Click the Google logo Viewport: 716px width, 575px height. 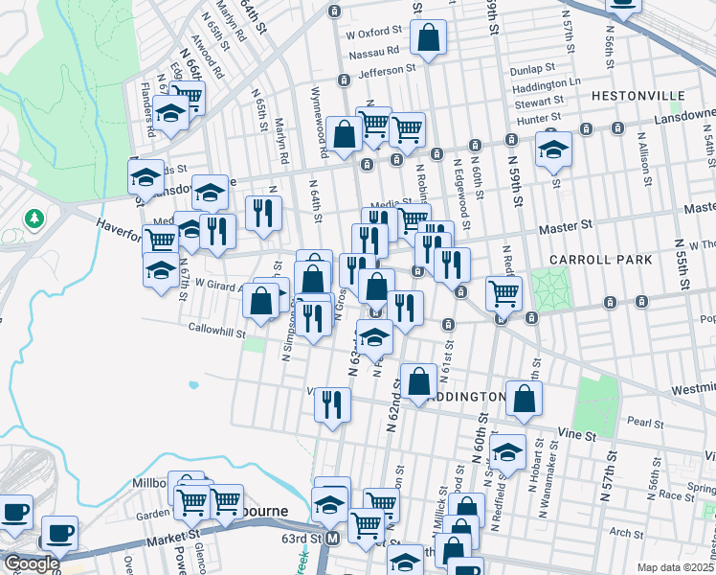(x=31, y=563)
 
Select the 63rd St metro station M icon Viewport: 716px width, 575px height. (x=332, y=540)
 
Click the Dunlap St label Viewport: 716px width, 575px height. (x=533, y=68)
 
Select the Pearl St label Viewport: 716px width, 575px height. (x=646, y=422)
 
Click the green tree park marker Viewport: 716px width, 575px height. (x=34, y=219)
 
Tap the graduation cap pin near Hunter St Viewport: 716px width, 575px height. (x=553, y=149)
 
